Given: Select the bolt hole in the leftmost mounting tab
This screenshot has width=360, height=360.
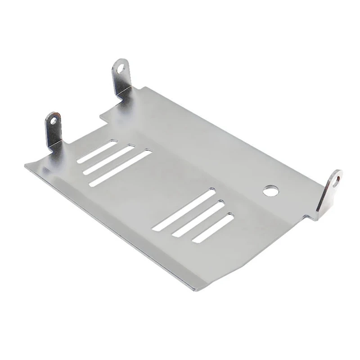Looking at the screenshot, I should pos(54,120).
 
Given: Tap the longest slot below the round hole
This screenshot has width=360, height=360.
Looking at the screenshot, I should pos(183,210).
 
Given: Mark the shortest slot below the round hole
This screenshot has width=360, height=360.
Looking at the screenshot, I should pos(213,228).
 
